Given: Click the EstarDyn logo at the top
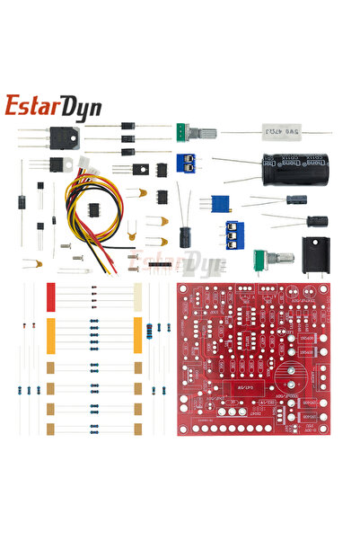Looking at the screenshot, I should click(53, 106).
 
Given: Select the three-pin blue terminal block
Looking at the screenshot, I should click(234, 235).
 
